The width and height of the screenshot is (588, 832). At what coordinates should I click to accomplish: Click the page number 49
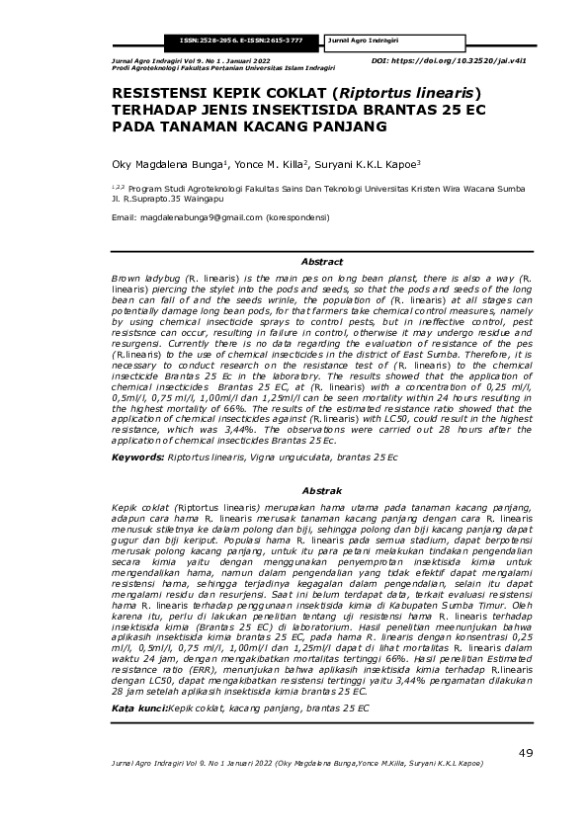[x=525, y=754]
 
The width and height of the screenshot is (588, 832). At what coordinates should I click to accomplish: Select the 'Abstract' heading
[x=321, y=263]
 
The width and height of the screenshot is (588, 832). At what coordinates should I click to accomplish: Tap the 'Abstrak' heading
[x=321, y=490]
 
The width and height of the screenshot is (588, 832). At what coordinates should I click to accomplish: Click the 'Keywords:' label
[x=137, y=458]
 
